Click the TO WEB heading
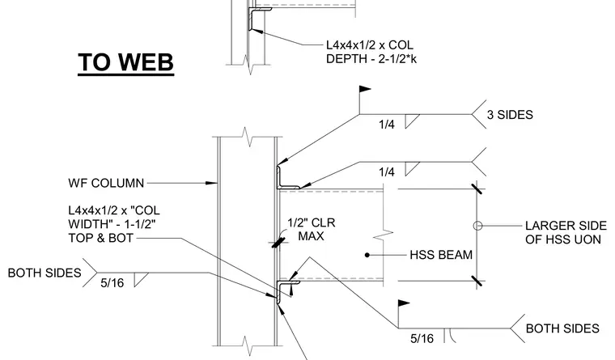(126, 63)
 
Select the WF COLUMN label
(106, 183)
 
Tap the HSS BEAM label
(441, 255)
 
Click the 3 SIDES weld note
(510, 115)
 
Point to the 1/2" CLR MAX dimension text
(311, 230)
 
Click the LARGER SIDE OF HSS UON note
(566, 232)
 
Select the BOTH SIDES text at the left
(45, 273)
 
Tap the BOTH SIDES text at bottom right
(562, 328)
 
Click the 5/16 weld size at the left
(112, 283)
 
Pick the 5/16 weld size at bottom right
(422, 339)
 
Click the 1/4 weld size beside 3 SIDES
(386, 125)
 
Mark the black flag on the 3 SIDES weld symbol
(365, 90)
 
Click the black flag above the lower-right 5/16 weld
(404, 303)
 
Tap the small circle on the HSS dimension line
(477, 226)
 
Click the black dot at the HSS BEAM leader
(367, 255)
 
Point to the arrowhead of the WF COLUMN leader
(212, 183)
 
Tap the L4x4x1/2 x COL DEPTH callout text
(371, 52)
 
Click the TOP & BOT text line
(101, 238)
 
